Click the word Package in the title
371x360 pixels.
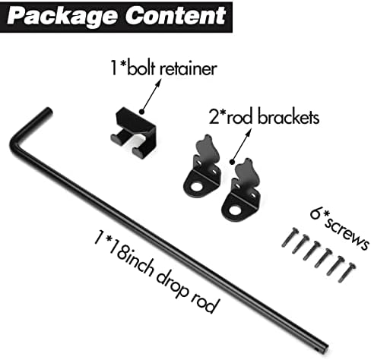(x=62, y=17)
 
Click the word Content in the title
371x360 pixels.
(x=176, y=15)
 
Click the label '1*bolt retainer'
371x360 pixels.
(x=164, y=68)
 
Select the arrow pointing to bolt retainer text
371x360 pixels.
(x=151, y=96)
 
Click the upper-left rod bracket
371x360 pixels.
(x=202, y=166)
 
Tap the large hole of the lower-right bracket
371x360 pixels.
(x=235, y=210)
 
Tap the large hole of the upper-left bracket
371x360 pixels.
(x=196, y=187)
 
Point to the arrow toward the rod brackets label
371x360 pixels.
(x=242, y=144)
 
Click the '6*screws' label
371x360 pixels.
(x=339, y=230)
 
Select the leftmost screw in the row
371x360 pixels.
(x=290, y=237)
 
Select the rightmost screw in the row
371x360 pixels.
(x=347, y=273)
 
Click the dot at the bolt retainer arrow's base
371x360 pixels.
(x=142, y=112)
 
